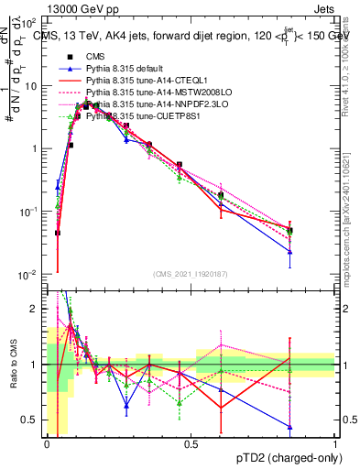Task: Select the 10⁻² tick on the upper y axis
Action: tap(29, 275)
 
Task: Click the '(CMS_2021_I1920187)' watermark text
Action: tap(190, 274)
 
